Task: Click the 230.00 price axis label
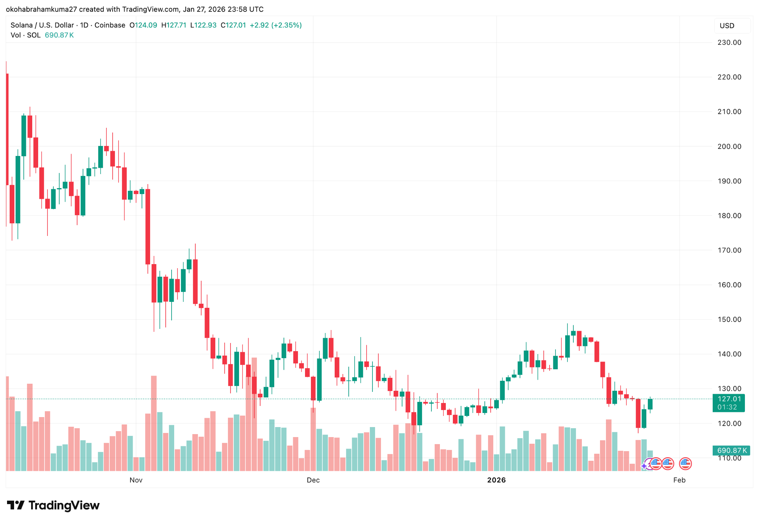729,43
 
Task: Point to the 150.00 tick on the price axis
729,319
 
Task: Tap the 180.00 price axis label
729,216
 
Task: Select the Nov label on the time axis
136,480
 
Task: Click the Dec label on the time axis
313,480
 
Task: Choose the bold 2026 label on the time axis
496,480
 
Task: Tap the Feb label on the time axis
679,480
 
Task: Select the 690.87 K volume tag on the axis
731,450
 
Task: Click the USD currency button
727,26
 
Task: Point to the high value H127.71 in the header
174,25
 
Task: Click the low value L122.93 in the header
203,25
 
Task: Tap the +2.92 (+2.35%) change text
276,25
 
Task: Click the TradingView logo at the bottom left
53,505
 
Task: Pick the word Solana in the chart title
21,25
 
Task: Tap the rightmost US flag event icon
685,463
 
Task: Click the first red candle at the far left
7,129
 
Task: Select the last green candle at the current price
650,404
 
